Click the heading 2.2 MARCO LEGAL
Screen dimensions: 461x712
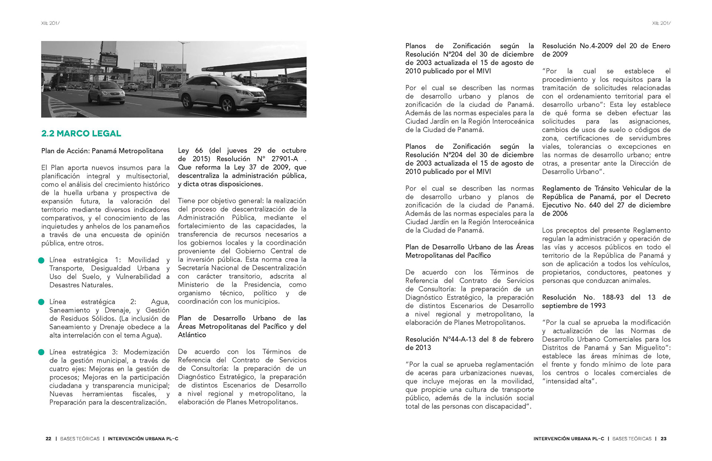click(x=81, y=134)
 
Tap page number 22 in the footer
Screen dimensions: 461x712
click(x=49, y=439)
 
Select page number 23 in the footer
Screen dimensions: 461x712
click(x=663, y=439)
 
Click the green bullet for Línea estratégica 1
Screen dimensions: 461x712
click(x=42, y=261)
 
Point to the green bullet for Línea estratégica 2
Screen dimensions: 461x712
click(x=42, y=302)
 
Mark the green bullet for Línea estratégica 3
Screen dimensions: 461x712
click(x=42, y=352)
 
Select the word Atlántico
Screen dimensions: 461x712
click(x=192, y=335)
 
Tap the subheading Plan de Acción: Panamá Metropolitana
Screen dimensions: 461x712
click(x=102, y=151)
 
